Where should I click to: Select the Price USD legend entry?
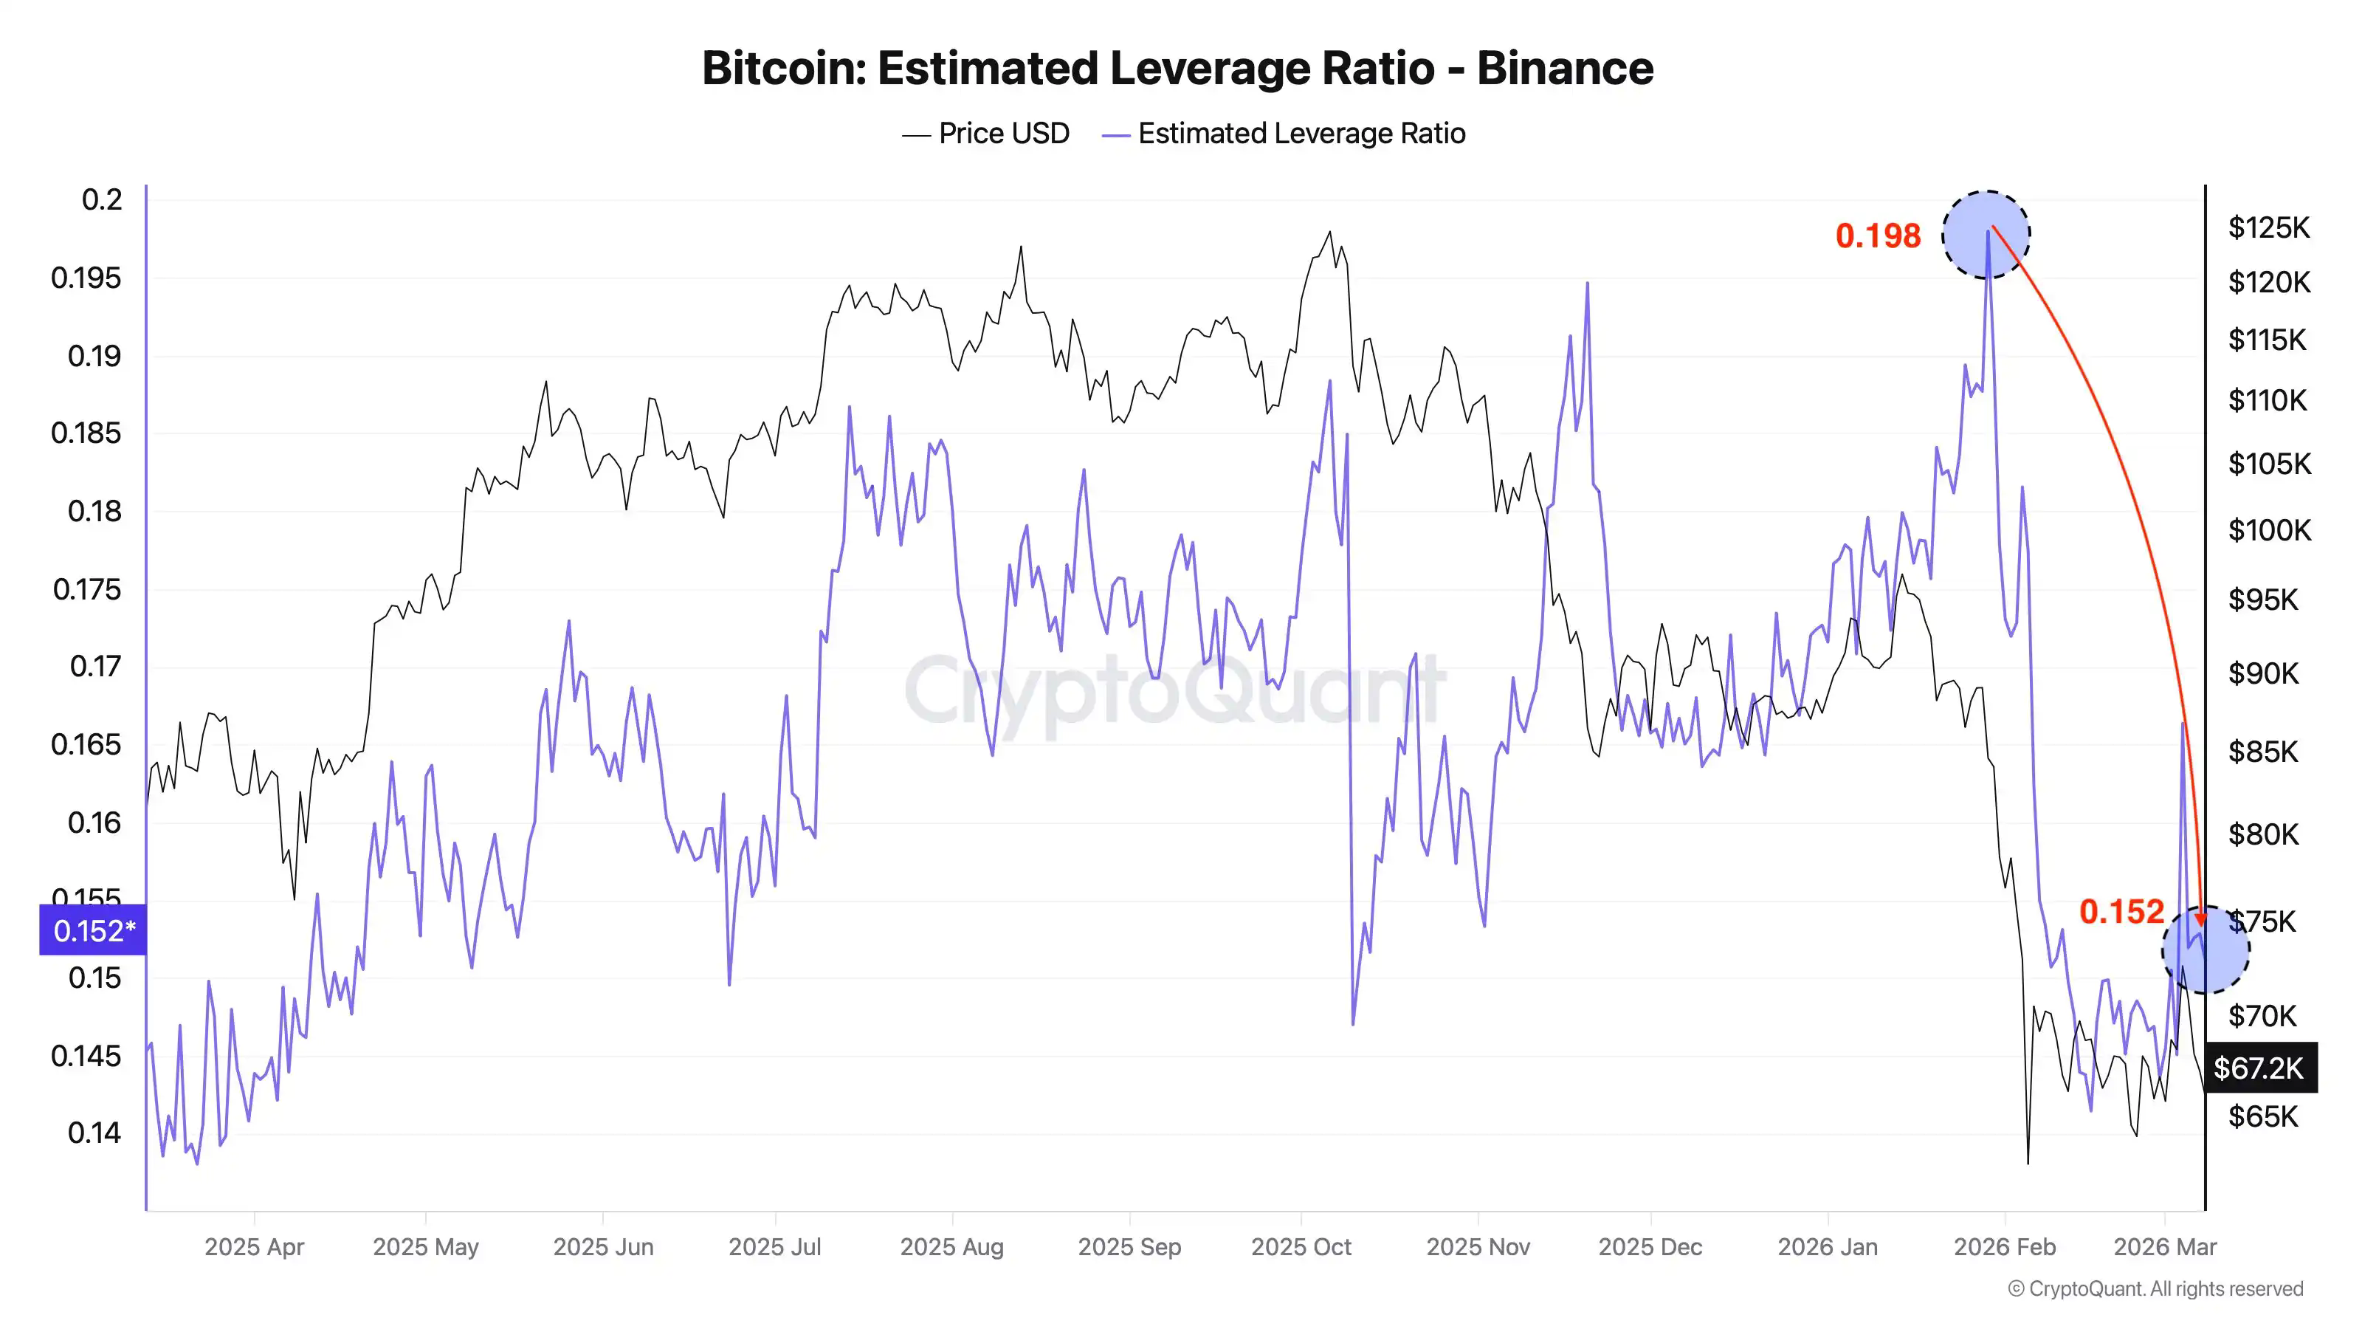click(x=1003, y=134)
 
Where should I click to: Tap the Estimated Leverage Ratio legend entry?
click(x=1301, y=134)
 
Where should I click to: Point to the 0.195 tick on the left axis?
click(x=86, y=278)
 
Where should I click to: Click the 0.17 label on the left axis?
click(x=95, y=666)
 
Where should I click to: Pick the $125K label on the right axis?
click(x=2268, y=227)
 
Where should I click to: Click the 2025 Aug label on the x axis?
click(x=951, y=1246)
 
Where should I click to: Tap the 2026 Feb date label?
click(x=2005, y=1246)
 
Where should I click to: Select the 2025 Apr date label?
click(x=254, y=1246)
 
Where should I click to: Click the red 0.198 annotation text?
click(x=1877, y=236)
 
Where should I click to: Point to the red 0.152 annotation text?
click(x=2121, y=912)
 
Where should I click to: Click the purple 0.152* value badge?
click(x=92, y=931)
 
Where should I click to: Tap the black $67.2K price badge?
click(x=2259, y=1068)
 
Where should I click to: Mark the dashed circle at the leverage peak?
click(x=1986, y=235)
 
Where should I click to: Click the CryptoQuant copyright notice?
click(x=2155, y=1288)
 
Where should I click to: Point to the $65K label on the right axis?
click(x=2263, y=1117)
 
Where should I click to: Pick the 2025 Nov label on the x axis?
click(x=1478, y=1246)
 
